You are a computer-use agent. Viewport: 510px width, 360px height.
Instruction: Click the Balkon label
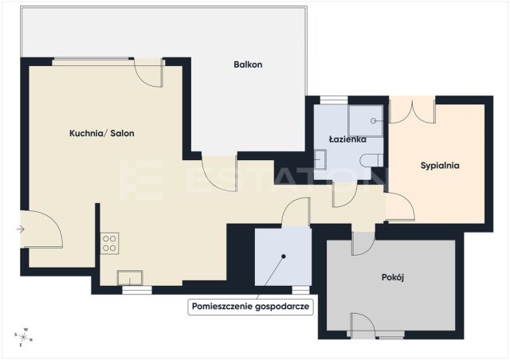[x=248, y=65]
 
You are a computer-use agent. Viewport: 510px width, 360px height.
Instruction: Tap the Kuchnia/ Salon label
[x=102, y=133]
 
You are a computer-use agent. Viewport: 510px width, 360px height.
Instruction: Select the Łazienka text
[x=347, y=139]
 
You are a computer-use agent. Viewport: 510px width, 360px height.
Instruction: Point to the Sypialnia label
[x=440, y=166]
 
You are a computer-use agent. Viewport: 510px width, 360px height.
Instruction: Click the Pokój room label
[x=393, y=277]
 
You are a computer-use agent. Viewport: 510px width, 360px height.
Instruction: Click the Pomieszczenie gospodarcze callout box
[x=250, y=307]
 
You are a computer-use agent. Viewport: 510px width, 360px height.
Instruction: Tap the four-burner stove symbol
[x=109, y=243]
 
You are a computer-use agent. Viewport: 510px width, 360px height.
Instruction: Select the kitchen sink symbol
[x=130, y=278]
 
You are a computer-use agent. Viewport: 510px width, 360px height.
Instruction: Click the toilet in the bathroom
[x=371, y=160]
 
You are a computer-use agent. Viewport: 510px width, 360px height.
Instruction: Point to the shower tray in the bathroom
[x=365, y=120]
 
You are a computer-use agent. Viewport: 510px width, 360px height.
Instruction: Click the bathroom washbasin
[x=320, y=159]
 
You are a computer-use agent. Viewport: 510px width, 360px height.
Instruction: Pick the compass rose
[x=24, y=337]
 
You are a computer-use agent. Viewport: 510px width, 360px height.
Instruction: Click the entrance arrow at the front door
[x=20, y=229]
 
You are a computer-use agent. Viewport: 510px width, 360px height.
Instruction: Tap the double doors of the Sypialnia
[x=412, y=110]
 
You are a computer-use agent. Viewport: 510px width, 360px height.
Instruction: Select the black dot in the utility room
[x=284, y=256]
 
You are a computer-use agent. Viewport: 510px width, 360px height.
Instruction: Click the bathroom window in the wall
[x=334, y=100]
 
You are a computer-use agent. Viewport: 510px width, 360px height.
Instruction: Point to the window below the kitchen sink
[x=137, y=290]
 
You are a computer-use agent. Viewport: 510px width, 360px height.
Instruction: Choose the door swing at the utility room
[x=295, y=211]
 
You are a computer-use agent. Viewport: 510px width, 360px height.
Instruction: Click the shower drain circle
[x=374, y=120]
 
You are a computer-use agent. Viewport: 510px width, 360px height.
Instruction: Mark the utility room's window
[x=301, y=290]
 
